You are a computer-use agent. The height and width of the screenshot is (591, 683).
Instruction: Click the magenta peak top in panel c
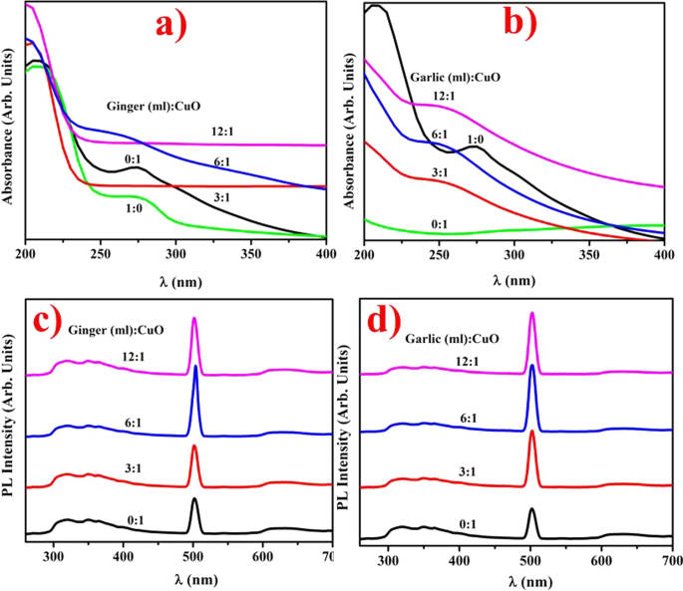coord(194,319)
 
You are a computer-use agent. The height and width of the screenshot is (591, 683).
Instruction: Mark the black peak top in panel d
coord(531,510)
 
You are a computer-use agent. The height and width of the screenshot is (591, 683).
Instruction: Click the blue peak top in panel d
coord(531,367)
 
